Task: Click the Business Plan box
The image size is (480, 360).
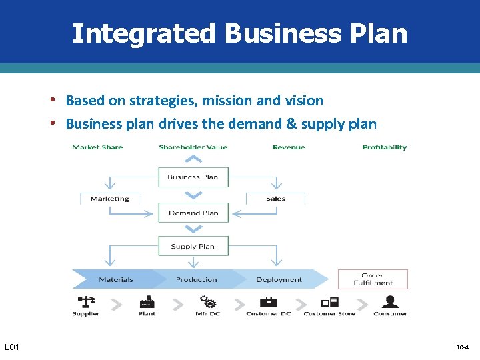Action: tap(193, 177)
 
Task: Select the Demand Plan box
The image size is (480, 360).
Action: tap(193, 213)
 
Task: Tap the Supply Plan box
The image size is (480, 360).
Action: tap(193, 247)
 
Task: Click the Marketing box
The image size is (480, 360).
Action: tap(109, 199)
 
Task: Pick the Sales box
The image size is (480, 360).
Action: tap(275, 199)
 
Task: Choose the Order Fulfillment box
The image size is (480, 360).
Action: tap(372, 279)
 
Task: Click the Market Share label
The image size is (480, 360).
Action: tap(97, 147)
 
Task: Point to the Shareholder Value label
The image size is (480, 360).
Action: tap(193, 147)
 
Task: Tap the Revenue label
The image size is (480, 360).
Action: tap(289, 147)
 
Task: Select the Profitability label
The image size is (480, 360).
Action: tap(384, 147)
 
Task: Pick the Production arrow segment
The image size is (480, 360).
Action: tap(196, 279)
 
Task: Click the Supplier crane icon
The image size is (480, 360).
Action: tap(86, 302)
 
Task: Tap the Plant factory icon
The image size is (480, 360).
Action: tap(147, 302)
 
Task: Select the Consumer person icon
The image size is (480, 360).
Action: tap(390, 302)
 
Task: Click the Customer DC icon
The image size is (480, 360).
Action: tap(268, 302)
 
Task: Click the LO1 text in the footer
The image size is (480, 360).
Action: tap(12, 347)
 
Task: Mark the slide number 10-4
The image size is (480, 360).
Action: tap(462, 348)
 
